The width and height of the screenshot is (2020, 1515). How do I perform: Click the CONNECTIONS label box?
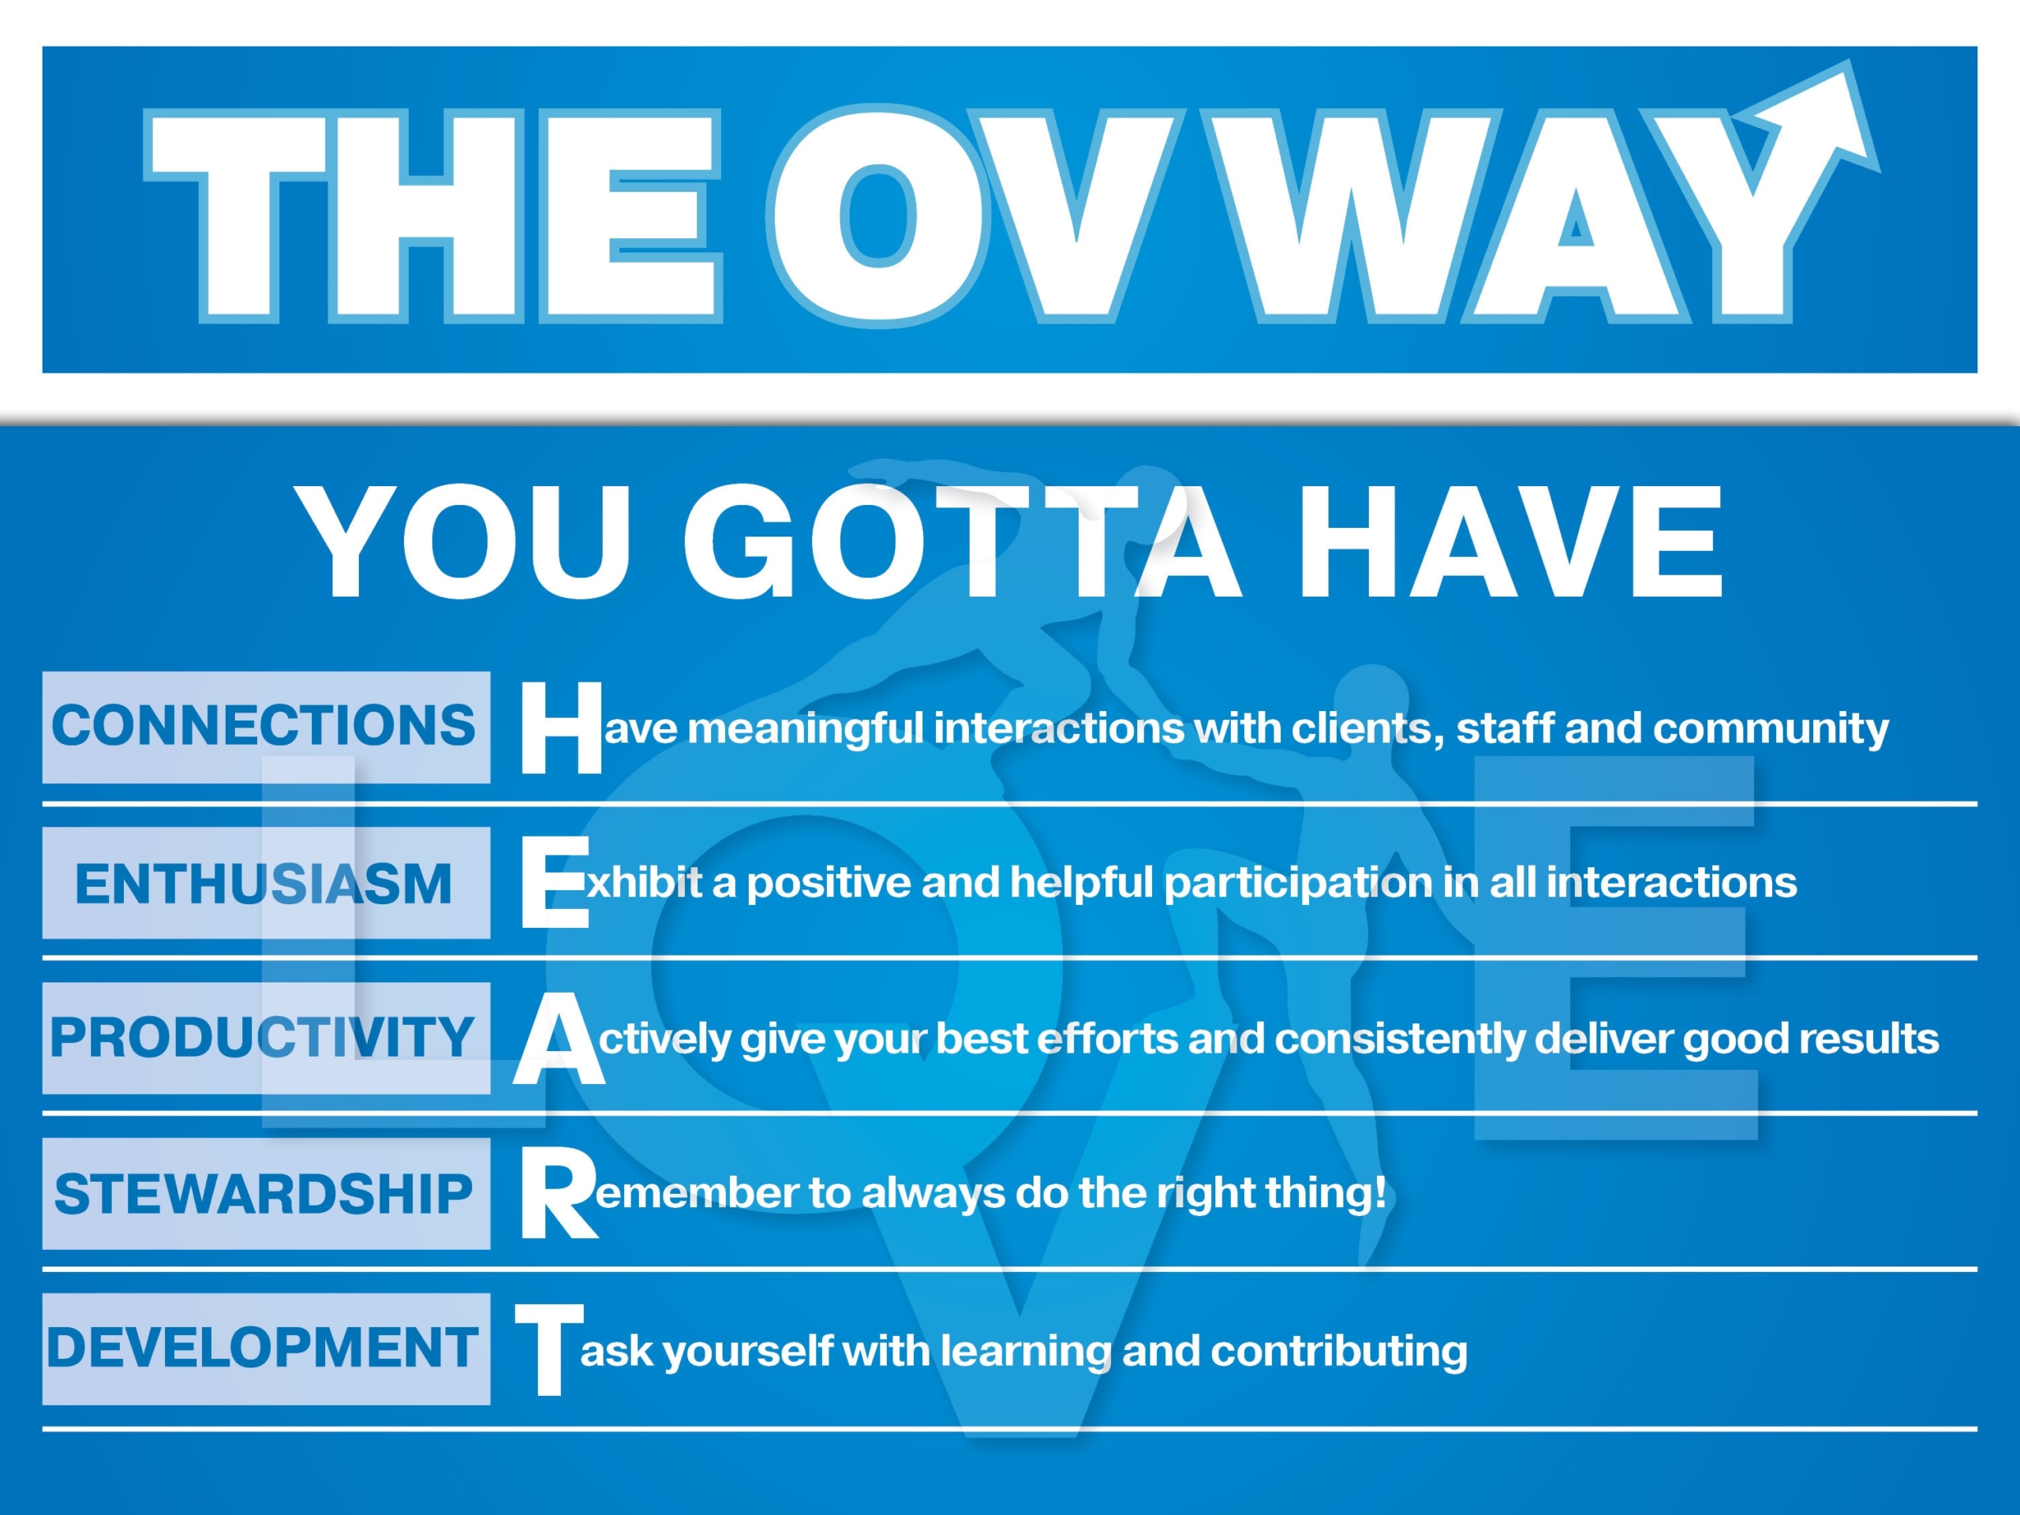click(x=266, y=727)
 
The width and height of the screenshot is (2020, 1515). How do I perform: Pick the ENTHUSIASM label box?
click(x=266, y=882)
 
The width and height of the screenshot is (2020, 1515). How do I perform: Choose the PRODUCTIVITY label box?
click(x=266, y=1038)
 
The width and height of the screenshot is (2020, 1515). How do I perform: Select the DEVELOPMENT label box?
click(x=266, y=1349)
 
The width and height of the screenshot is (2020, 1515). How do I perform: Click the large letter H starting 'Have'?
click(x=562, y=727)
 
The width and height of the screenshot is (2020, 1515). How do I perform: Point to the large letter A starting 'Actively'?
click(x=559, y=1038)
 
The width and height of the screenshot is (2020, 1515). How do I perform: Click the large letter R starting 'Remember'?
click(x=559, y=1194)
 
